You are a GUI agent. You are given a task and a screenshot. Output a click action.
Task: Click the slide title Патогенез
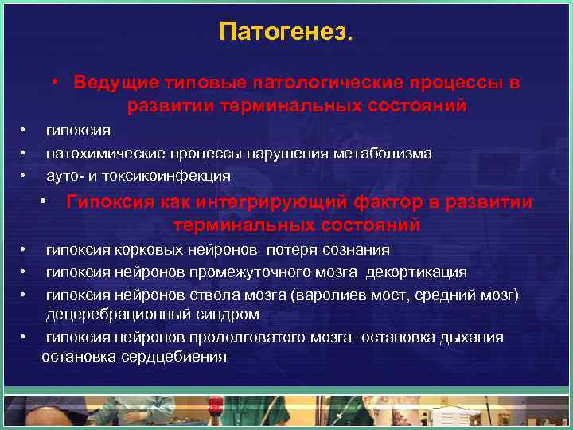coord(286,33)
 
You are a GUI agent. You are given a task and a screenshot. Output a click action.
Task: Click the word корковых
coord(146,250)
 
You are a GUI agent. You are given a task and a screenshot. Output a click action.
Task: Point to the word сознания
coord(354,250)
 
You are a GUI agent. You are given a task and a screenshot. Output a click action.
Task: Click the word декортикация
coord(419,272)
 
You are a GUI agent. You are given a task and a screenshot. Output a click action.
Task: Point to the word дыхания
coord(473,337)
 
